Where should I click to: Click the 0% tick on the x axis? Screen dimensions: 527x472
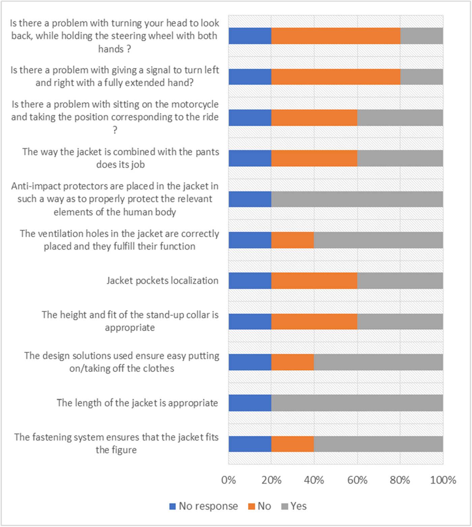(228, 480)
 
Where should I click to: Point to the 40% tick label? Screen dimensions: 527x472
(314, 480)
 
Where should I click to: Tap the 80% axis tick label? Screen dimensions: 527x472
(400, 480)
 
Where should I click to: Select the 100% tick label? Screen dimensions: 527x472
(443, 480)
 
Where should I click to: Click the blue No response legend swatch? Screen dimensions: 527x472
(173, 506)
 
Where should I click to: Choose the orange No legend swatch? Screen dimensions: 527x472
(251, 506)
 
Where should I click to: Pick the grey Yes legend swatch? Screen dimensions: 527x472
(285, 506)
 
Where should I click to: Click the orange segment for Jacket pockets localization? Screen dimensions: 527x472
(314, 281)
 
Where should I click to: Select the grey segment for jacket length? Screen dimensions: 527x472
(357, 403)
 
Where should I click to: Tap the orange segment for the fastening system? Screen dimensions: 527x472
(293, 444)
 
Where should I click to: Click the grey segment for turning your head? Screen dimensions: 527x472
(421, 36)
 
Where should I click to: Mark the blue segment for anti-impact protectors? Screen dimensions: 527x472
(250, 199)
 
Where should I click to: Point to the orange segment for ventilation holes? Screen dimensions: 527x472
(293, 240)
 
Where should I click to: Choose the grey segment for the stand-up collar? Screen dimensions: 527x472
(400, 321)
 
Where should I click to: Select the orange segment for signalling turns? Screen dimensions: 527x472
(336, 77)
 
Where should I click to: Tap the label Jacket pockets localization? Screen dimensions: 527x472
(163, 281)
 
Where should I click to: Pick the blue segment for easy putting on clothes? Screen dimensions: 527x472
(250, 362)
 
